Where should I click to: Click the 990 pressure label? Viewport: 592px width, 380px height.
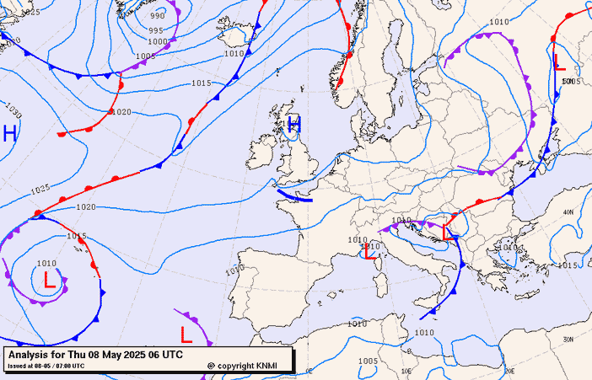point(158,16)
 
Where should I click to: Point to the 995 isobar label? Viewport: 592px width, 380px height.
point(156,30)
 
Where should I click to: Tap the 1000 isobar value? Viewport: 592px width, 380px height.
point(158,41)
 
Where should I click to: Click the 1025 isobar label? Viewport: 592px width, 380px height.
point(39,189)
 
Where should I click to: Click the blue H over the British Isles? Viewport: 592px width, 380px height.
point(294,125)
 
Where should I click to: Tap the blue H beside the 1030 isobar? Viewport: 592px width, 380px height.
point(9,133)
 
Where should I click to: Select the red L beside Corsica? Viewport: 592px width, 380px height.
point(369,251)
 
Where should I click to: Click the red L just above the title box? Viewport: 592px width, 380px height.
point(186,335)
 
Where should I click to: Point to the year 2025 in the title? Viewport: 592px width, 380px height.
point(127,356)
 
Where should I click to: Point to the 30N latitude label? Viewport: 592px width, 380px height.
point(568,339)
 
